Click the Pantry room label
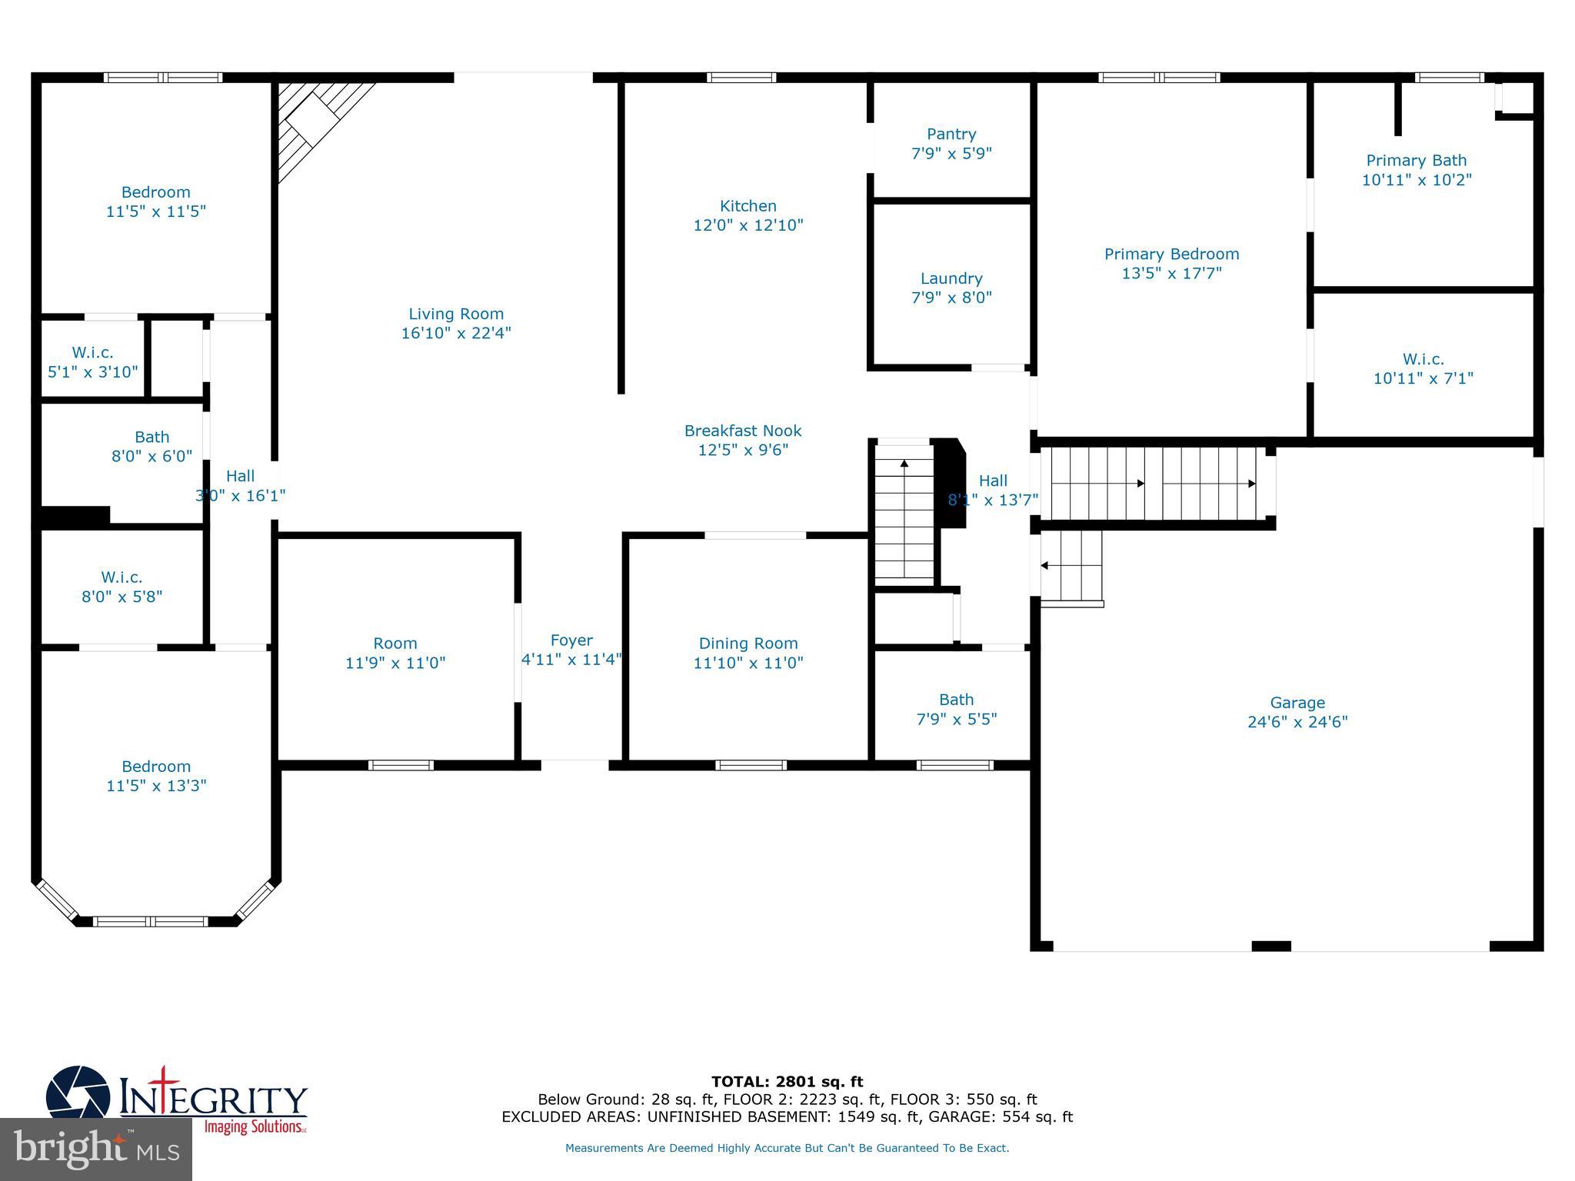click(951, 135)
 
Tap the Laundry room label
click(951, 278)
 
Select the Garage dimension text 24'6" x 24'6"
click(1297, 722)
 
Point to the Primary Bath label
click(1416, 161)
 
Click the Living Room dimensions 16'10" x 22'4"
click(456, 333)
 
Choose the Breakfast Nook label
click(743, 431)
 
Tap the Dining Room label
click(748, 644)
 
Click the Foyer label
click(571, 640)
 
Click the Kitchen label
click(748, 206)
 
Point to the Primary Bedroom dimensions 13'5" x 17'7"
click(1171, 273)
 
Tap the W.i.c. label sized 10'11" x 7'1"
click(1423, 359)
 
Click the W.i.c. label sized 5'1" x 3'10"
click(93, 353)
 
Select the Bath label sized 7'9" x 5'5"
click(956, 700)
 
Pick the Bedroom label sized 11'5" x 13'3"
click(156, 767)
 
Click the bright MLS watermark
click(96, 1149)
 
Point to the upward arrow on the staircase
click(904, 464)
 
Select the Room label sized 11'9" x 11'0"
click(395, 644)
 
